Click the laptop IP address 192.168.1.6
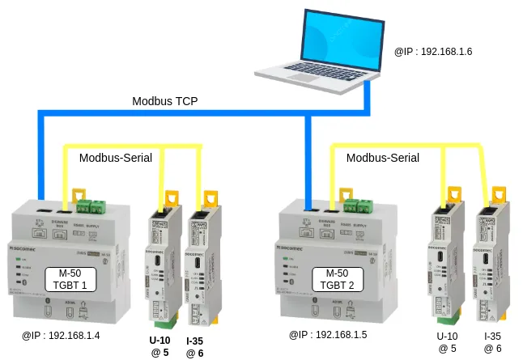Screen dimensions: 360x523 click(x=433, y=51)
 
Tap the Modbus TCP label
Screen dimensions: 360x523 click(x=165, y=102)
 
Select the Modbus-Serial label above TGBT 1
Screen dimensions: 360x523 click(x=116, y=158)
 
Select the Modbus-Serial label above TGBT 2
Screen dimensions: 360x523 click(x=383, y=158)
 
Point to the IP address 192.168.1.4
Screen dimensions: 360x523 click(x=61, y=334)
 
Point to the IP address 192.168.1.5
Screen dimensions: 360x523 click(x=328, y=334)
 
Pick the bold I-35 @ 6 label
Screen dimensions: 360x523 click(x=194, y=347)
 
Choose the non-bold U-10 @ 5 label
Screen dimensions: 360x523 click(x=447, y=342)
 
